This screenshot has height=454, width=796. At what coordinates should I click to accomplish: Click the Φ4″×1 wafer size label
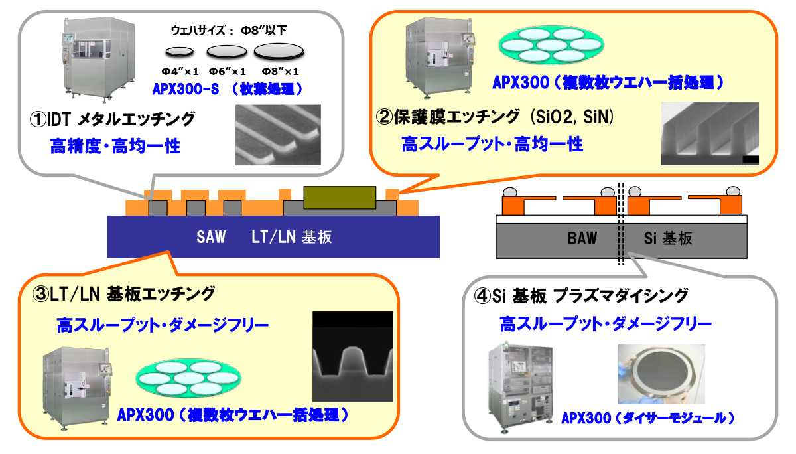(x=180, y=72)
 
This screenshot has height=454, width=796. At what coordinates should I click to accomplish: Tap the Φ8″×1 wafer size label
(x=281, y=72)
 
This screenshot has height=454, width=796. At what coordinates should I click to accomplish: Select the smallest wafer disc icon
(x=180, y=52)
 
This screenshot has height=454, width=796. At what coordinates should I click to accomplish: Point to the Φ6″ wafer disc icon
(x=227, y=52)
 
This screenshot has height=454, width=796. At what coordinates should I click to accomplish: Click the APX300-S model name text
(x=186, y=89)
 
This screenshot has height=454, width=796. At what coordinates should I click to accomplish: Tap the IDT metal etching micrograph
(x=278, y=135)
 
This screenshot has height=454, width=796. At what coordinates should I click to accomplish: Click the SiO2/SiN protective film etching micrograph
(x=710, y=133)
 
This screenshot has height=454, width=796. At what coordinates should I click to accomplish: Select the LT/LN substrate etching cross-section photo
(x=353, y=356)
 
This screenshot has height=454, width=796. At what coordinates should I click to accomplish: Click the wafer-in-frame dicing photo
(x=662, y=374)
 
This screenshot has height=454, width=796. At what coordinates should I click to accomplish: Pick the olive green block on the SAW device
(x=340, y=197)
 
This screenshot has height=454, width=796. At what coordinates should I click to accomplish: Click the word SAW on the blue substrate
(x=211, y=237)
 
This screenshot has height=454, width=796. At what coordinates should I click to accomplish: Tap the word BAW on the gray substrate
(x=582, y=238)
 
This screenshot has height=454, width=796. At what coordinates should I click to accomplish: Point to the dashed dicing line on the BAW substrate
(x=621, y=224)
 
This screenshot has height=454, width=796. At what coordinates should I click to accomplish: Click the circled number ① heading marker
(x=38, y=119)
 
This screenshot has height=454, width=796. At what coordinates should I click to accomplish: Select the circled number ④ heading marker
(x=483, y=296)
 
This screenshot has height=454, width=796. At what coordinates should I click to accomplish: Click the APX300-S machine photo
(x=99, y=59)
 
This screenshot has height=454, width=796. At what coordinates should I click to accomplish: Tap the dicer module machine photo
(x=521, y=388)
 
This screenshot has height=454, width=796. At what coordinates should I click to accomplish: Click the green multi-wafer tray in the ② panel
(x=551, y=44)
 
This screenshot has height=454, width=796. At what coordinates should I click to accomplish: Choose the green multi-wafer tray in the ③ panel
(x=188, y=378)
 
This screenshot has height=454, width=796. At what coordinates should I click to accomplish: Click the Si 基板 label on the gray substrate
(x=668, y=238)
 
